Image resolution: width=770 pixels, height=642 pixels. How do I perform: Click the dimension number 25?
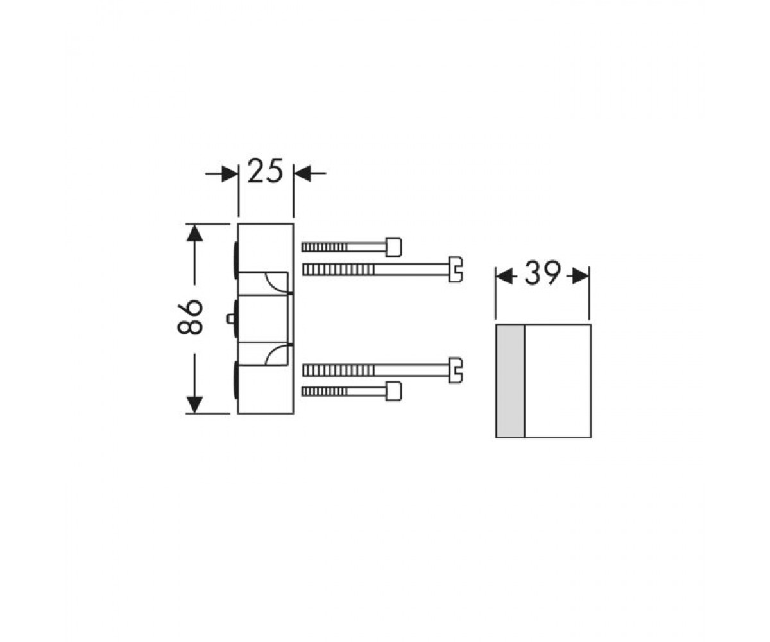click(265, 171)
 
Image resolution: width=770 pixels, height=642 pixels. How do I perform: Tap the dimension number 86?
click(190, 317)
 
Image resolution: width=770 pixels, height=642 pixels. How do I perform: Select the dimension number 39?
click(543, 273)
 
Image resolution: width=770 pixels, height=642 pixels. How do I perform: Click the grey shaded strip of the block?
click(510, 381)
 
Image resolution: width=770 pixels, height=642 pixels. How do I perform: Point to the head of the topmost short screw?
click(393, 247)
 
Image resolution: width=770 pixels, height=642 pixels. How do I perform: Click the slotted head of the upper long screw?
click(456, 270)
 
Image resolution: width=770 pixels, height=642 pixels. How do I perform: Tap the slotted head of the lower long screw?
click(456, 370)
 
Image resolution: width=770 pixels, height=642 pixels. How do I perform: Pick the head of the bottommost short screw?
click(393, 392)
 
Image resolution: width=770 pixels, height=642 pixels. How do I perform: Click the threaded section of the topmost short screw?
click(325, 247)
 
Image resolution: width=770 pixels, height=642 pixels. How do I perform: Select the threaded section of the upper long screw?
click(339, 270)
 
